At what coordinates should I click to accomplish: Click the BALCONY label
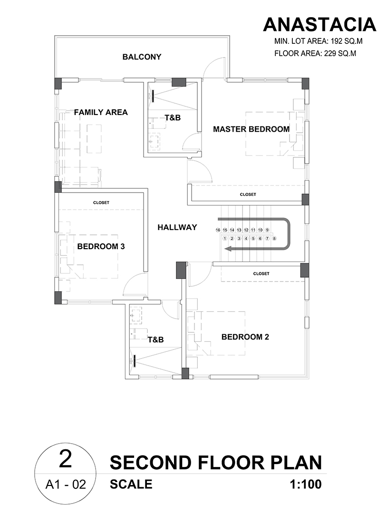[x=142, y=57]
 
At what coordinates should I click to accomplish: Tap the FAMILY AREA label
[x=101, y=112]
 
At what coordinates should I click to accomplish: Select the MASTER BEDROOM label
[x=252, y=129]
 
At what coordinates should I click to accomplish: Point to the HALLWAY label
[x=177, y=227]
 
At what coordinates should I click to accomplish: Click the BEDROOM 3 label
[x=101, y=246]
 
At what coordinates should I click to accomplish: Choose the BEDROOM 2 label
[x=245, y=337]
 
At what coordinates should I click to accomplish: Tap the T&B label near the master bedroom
[x=173, y=117]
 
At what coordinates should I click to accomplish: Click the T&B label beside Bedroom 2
[x=156, y=340]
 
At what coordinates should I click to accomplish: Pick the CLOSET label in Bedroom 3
[x=101, y=203]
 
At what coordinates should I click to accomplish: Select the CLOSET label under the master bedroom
[x=248, y=194]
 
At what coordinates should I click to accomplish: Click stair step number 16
[x=218, y=230]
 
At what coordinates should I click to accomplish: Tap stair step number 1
[x=225, y=239]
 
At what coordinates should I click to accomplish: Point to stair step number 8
[x=274, y=239]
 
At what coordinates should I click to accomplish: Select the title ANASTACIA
[x=320, y=24]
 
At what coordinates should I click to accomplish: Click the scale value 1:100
[x=306, y=484]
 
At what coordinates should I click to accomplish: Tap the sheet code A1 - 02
[x=66, y=484]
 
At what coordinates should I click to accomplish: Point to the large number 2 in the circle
[x=66, y=459]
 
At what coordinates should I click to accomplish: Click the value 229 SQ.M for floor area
[x=340, y=53]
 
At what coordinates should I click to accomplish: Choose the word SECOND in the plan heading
[x=151, y=463]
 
